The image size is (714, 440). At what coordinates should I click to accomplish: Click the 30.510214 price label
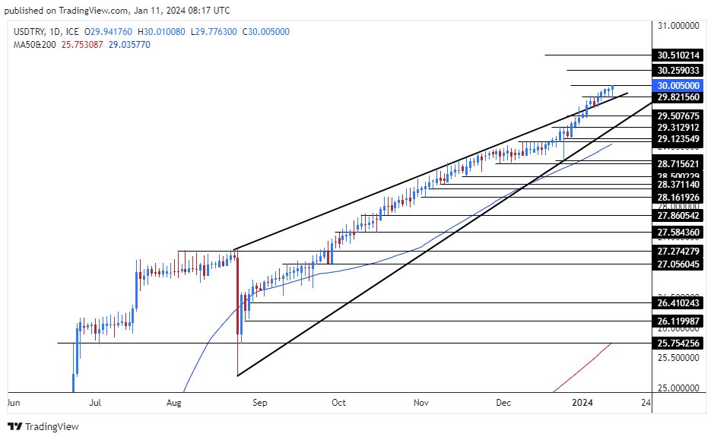pyautogui.click(x=684, y=55)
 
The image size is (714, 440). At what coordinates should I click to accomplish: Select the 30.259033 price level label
pyautogui.click(x=684, y=70)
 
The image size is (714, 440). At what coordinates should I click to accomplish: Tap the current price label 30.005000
pyautogui.click(x=684, y=86)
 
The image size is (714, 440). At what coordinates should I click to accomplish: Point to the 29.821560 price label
pyautogui.click(x=684, y=97)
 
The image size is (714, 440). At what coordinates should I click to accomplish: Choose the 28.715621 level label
pyautogui.click(x=684, y=163)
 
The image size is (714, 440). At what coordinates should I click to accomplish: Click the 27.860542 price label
pyautogui.click(x=684, y=216)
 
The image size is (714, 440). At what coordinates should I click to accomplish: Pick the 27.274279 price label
pyautogui.click(x=684, y=251)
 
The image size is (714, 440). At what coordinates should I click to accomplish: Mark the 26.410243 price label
pyautogui.click(x=684, y=302)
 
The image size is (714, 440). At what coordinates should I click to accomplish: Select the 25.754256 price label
pyautogui.click(x=684, y=343)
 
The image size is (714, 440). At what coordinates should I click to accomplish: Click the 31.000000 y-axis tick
pyautogui.click(x=678, y=25)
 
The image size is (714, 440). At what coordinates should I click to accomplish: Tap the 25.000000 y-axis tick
pyautogui.click(x=678, y=388)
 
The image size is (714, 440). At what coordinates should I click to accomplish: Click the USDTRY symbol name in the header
pyautogui.click(x=28, y=31)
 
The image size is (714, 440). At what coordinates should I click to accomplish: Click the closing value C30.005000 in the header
pyautogui.click(x=262, y=31)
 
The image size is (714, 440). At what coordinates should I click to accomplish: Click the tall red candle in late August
pyautogui.click(x=238, y=296)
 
